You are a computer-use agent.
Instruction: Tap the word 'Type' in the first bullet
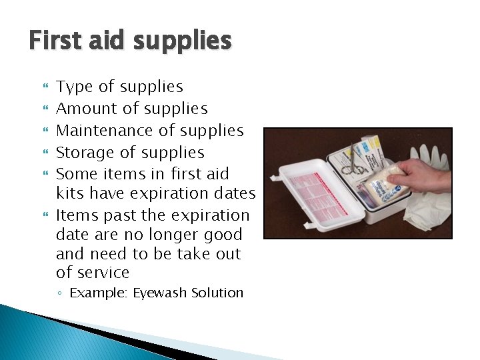72,87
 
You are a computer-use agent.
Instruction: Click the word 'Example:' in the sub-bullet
100,293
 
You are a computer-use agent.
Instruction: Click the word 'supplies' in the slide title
181,41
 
